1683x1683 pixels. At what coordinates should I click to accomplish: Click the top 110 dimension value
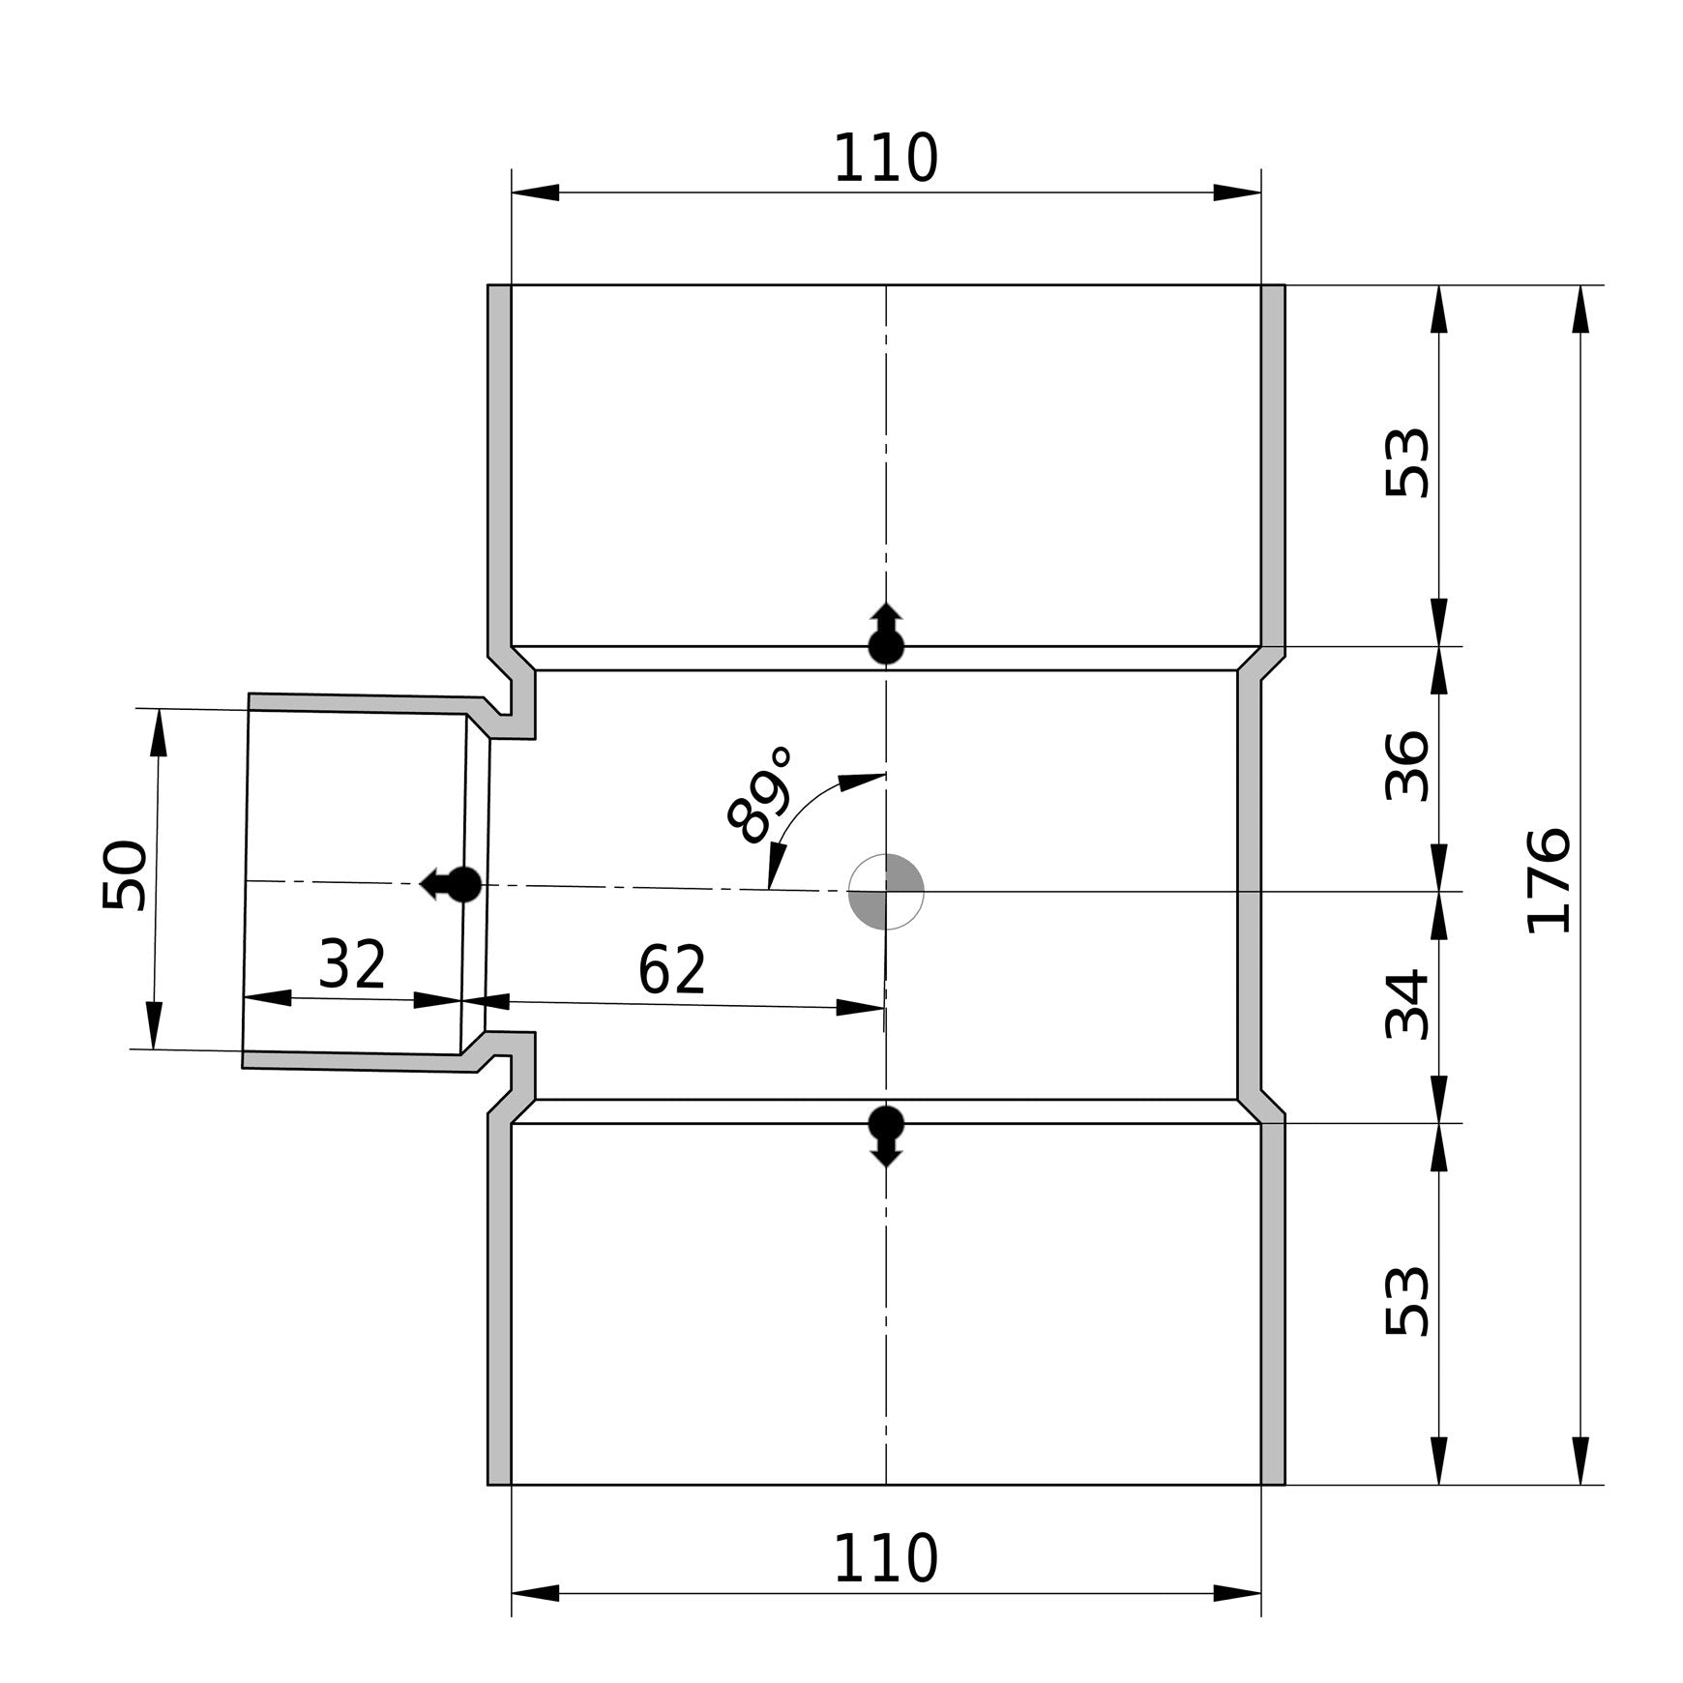[885, 159]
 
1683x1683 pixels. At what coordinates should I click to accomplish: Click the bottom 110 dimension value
[885, 1558]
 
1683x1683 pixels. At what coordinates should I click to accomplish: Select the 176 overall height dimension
[1548, 880]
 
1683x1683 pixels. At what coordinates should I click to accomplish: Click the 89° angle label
[760, 795]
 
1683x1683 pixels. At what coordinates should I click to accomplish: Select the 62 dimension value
[672, 970]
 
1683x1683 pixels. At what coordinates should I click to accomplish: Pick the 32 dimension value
[353, 964]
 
